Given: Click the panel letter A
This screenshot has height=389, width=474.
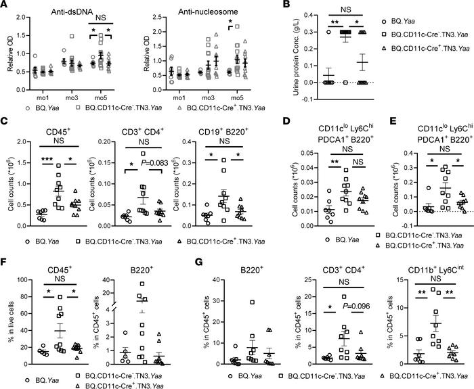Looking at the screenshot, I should [5, 6].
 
